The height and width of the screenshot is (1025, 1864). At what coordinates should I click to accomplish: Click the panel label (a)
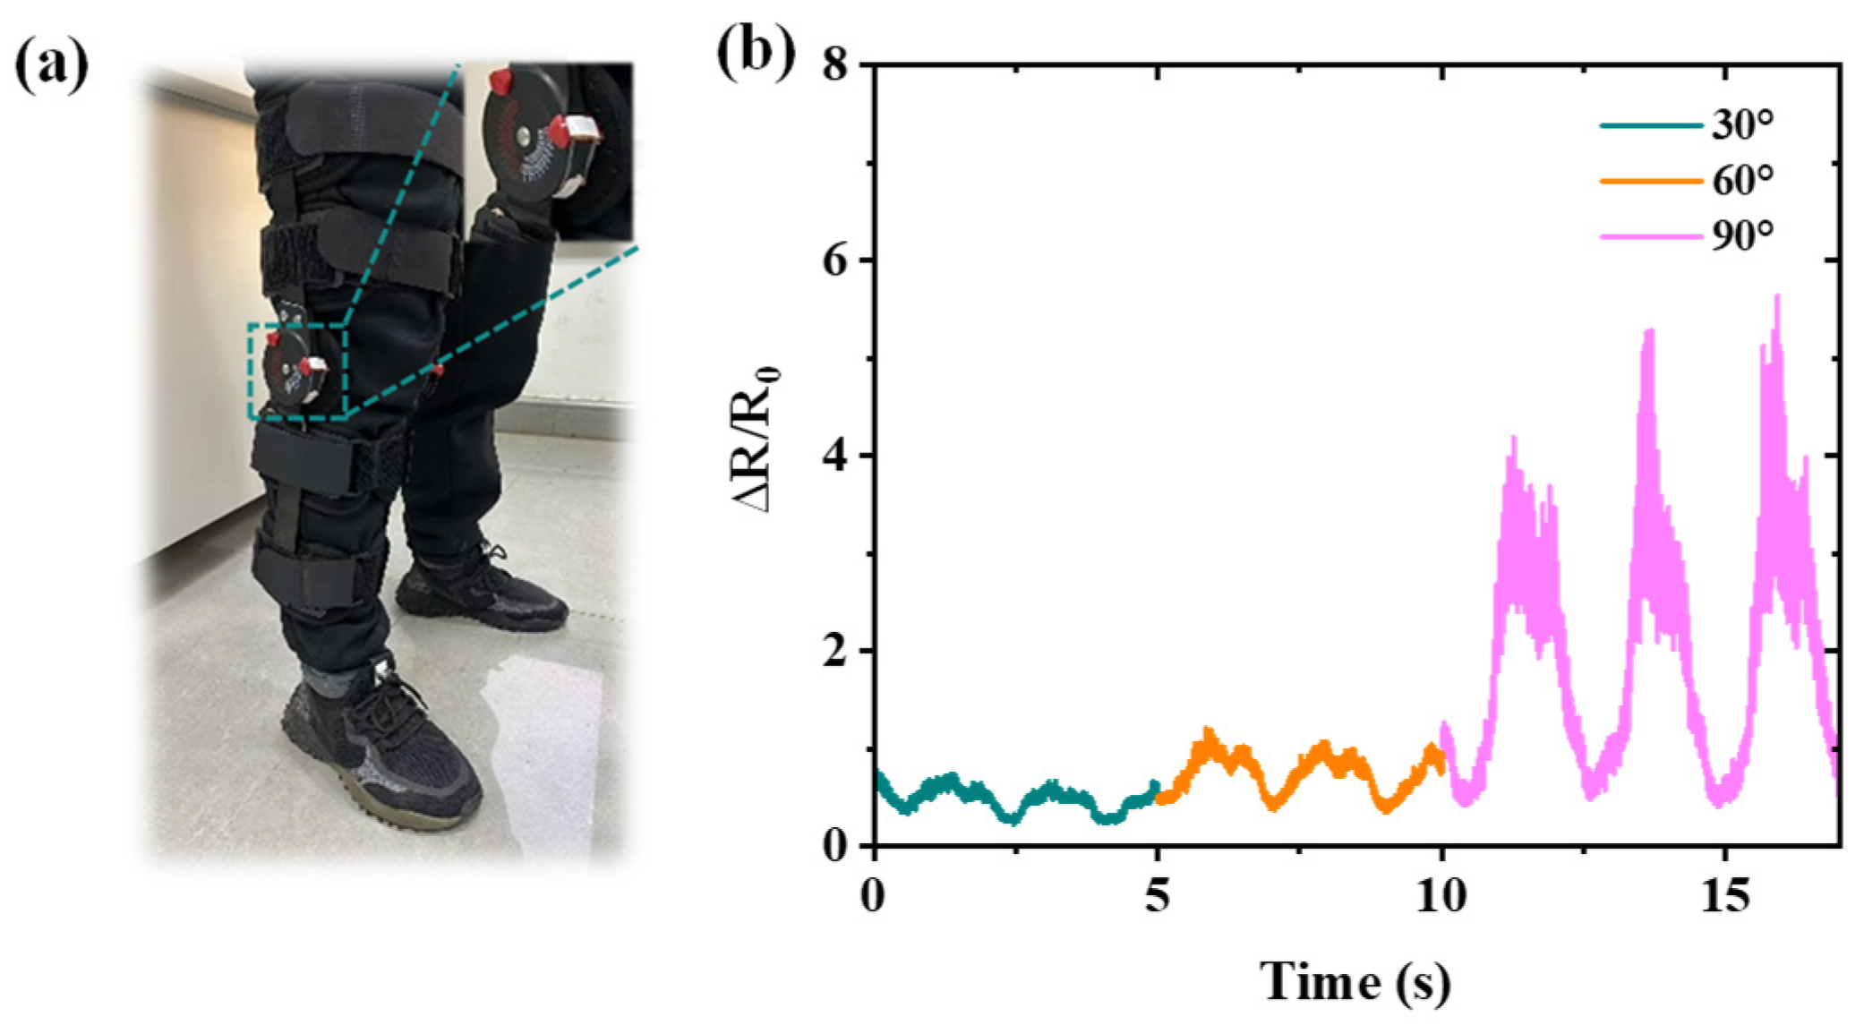52,67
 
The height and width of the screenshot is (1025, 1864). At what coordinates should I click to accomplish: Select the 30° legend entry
1741,125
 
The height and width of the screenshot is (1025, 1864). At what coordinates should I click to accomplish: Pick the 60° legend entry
1741,181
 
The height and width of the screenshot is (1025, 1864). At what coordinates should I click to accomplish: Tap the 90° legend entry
1741,236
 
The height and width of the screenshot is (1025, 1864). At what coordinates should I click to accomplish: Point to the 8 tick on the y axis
834,65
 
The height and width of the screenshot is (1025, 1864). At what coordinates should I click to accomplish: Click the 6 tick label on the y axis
834,261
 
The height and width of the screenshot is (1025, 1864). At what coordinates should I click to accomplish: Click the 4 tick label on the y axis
834,456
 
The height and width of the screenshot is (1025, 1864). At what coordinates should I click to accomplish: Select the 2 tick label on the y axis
834,651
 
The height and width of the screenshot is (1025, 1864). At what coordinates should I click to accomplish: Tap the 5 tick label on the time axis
1158,895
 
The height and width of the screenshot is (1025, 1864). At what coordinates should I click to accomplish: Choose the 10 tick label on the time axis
1441,895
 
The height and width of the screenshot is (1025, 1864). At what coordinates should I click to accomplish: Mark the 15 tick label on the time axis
1724,895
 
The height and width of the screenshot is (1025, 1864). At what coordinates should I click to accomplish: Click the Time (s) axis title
1355,980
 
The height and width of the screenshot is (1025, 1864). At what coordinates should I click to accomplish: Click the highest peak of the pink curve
1776,297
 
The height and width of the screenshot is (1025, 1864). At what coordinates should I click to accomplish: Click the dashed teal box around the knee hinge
297,372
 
